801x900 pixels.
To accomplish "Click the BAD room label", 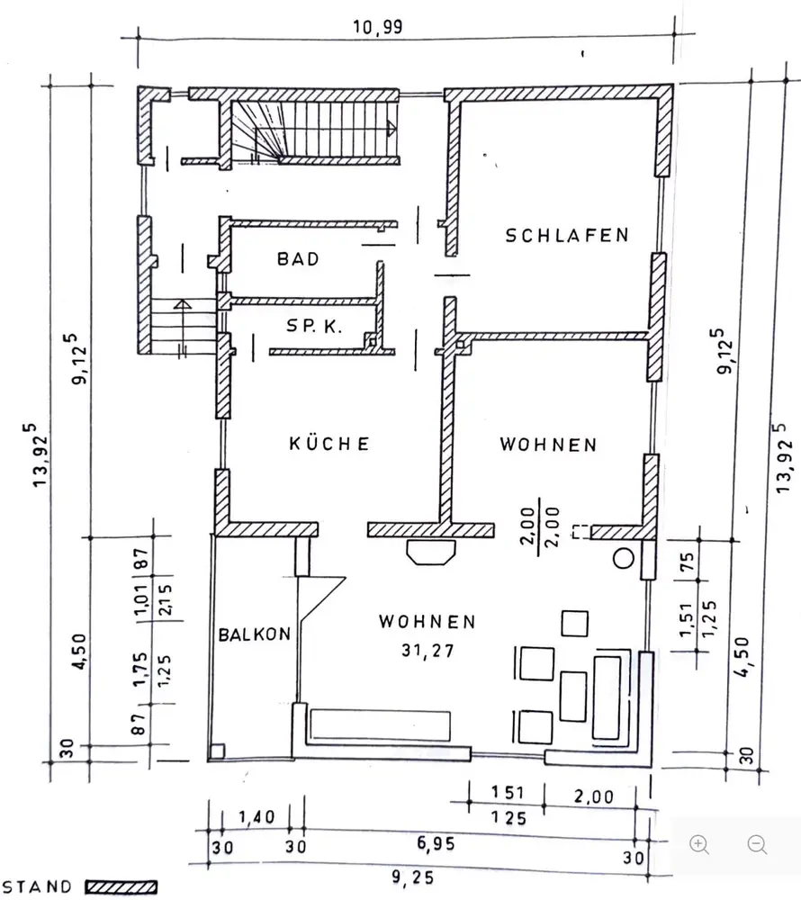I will coord(298,259).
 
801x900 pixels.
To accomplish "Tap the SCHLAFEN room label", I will coord(566,236).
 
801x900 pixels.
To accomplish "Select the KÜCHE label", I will coord(329,443).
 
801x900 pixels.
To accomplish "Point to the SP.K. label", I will coord(314,328).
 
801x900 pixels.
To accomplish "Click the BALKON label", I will coord(254,634).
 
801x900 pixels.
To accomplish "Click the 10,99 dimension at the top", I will coord(378,26).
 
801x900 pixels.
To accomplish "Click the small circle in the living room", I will coord(623,558).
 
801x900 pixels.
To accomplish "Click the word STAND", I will coord(39,887).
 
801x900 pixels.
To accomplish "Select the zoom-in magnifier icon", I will coord(699,844).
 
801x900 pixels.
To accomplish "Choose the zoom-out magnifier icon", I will coord(758,844).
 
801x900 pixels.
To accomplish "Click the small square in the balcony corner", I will coord(216,750).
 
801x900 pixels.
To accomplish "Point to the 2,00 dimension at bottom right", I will coord(592,796).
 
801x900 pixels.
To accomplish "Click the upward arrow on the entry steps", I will coord(183,306).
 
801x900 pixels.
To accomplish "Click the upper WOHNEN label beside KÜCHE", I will coord(549,445).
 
